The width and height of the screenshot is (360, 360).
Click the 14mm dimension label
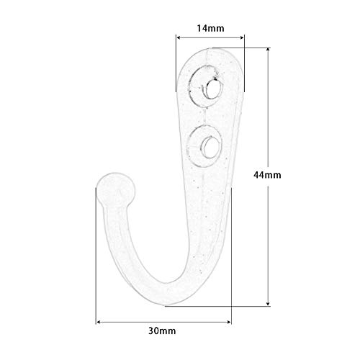coord(210,28)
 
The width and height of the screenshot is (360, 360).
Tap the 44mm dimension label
coord(267,175)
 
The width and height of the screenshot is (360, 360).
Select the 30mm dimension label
coord(162,331)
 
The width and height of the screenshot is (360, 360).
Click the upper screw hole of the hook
coord(212,89)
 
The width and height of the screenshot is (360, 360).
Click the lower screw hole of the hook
coord(210,148)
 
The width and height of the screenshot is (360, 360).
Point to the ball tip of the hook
coord(115,190)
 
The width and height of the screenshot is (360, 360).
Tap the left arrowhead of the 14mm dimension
coord(179,37)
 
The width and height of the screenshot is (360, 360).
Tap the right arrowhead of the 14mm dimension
coord(242,37)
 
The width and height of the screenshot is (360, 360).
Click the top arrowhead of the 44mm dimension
coord(268,50)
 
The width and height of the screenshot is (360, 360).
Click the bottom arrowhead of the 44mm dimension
coord(268,304)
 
